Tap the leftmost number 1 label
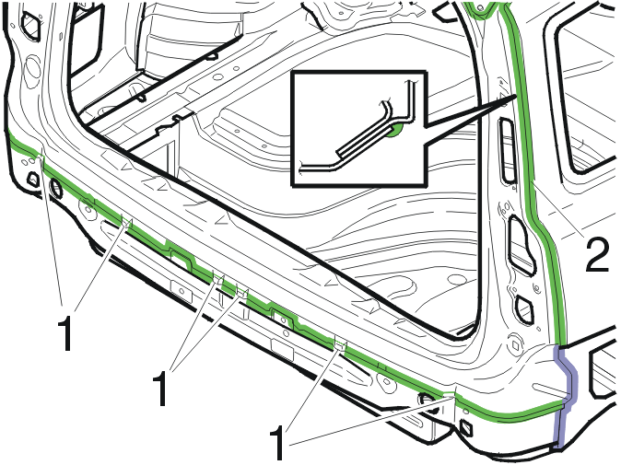pos(64,332)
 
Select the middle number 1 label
pos(160,388)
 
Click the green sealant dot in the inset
pos(396,130)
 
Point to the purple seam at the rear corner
pos(566,396)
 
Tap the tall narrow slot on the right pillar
pos(507,150)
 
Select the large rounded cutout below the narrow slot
pos(522,245)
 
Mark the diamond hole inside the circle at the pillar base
pos(515,345)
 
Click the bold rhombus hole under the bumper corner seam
pos(466,428)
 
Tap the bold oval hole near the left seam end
pos(56,189)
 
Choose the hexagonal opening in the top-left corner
pos(30,25)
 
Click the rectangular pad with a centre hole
pos(182,291)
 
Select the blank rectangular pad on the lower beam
pos(282,350)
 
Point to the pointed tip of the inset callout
pos(517,96)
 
